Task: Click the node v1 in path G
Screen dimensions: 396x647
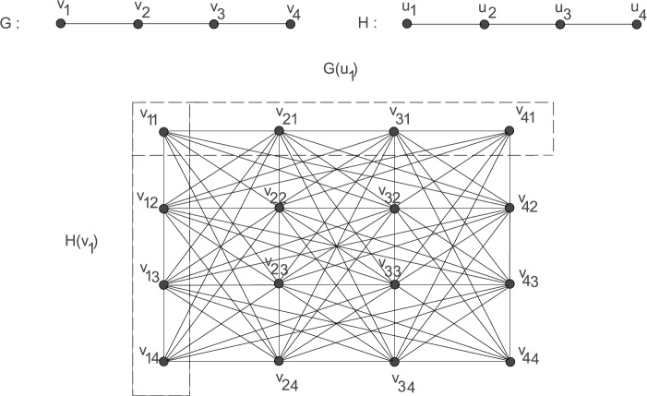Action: pyautogui.click(x=61, y=25)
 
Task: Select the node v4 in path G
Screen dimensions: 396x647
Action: pyautogui.click(x=292, y=25)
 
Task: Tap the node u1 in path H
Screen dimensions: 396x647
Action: pyautogui.click(x=406, y=25)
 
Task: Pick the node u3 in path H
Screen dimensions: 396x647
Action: pyautogui.click(x=559, y=25)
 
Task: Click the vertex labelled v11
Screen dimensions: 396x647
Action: pyautogui.click(x=164, y=132)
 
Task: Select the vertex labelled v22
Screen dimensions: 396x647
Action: pyautogui.click(x=279, y=208)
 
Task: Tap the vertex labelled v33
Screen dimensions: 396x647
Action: pyautogui.click(x=394, y=284)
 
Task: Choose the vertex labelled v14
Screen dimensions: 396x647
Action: pyautogui.click(x=164, y=361)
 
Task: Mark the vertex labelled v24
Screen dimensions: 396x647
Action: pyautogui.click(x=279, y=361)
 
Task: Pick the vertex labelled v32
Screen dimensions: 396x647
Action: pyautogui.click(x=394, y=208)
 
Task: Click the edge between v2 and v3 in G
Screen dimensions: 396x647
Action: pyautogui.click(x=176, y=25)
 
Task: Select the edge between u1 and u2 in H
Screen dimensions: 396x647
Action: pyautogui.click(x=444, y=25)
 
